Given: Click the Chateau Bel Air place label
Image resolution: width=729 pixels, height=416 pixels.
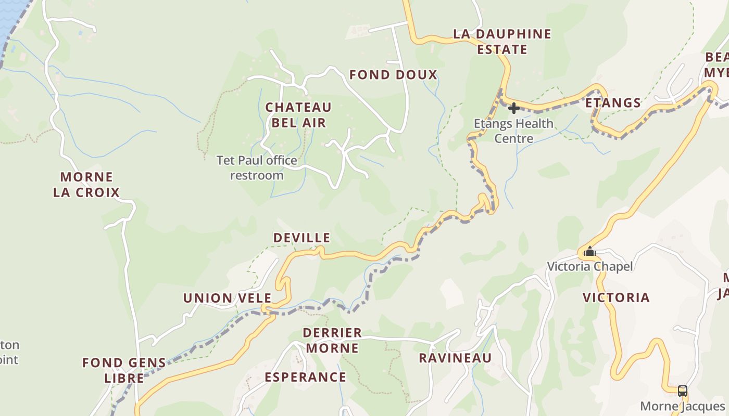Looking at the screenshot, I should [x=298, y=115].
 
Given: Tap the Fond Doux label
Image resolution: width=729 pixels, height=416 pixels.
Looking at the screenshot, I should [x=393, y=75].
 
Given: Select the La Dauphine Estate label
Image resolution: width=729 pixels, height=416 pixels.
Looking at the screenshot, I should [x=502, y=42].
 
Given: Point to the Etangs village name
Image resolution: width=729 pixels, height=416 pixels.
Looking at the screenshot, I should [x=613, y=103].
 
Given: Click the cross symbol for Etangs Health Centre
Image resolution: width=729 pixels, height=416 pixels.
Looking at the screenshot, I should [x=513, y=108].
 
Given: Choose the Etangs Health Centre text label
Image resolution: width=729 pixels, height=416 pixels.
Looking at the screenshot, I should [x=513, y=131].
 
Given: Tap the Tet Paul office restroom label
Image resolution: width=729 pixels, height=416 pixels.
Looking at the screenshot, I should [x=257, y=167].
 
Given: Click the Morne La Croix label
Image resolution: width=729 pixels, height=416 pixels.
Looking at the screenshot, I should [x=86, y=185].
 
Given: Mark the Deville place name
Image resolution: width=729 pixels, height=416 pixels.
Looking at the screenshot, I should [x=302, y=238].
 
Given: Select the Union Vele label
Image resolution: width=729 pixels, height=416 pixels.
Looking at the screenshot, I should [x=227, y=298].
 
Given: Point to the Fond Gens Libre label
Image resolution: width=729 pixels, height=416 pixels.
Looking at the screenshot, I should [x=124, y=370].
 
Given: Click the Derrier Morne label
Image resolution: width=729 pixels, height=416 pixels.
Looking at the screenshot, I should [x=332, y=340].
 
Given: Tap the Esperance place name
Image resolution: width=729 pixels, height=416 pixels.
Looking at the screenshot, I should [x=305, y=378].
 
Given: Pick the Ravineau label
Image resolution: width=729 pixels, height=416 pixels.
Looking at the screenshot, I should [x=455, y=358].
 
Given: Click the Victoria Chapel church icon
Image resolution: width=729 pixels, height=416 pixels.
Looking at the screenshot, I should [x=589, y=252].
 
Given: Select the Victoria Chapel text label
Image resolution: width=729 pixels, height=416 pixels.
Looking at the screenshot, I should [x=589, y=267].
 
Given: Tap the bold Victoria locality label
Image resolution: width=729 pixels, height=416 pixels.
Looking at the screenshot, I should [x=616, y=298].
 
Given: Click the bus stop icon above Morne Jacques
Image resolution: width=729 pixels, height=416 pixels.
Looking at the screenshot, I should [x=682, y=391].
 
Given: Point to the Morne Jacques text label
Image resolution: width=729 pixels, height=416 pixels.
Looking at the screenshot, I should [x=682, y=406].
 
